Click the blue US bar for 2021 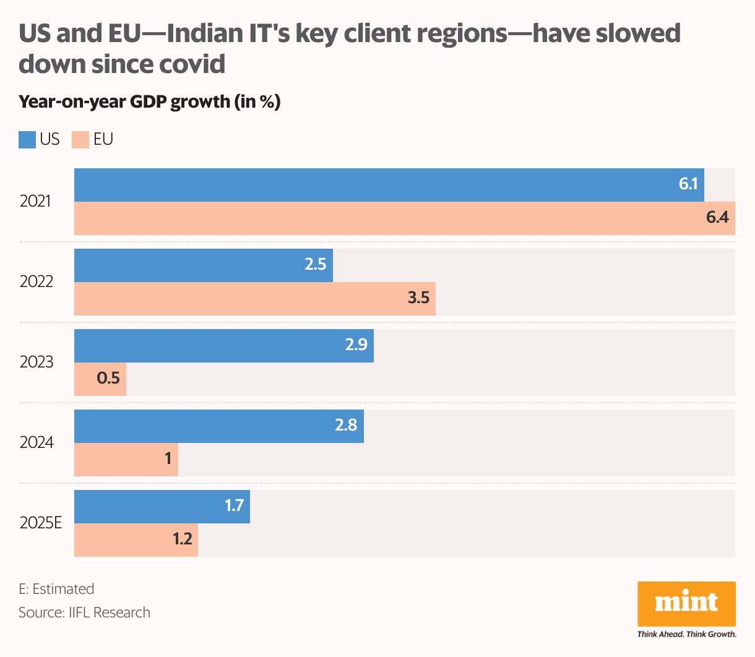(389, 185)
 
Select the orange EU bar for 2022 (254, 299)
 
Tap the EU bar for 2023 (100, 379)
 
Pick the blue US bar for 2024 (218, 426)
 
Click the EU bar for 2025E (136, 540)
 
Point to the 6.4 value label (717, 218)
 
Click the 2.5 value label (315, 265)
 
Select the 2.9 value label (356, 345)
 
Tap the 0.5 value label (108, 378)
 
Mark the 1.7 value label (234, 506)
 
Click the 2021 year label (35, 202)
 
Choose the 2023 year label (37, 363)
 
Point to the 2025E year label (41, 523)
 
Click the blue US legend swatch (27, 140)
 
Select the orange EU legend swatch (80, 140)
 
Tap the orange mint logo (686, 603)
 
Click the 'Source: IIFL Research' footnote (84, 612)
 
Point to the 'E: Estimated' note (56, 589)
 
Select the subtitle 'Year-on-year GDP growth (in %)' (149, 101)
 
